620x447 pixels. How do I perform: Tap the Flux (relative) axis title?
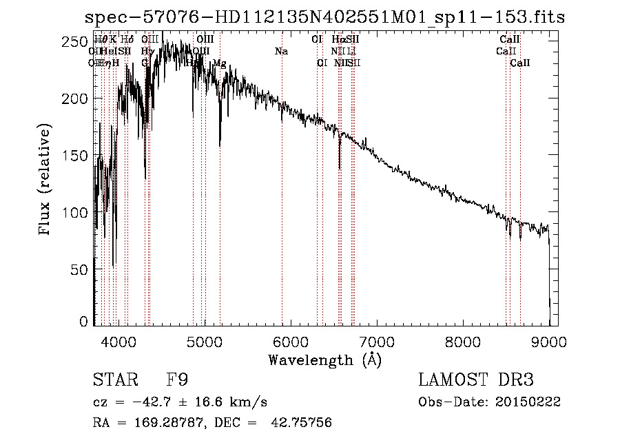46,180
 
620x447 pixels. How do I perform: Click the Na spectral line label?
281,52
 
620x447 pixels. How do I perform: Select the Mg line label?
219,63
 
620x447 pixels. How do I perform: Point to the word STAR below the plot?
113,380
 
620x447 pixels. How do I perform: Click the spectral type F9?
177,380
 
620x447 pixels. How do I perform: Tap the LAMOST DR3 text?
476,380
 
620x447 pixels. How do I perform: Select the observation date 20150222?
531,402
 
